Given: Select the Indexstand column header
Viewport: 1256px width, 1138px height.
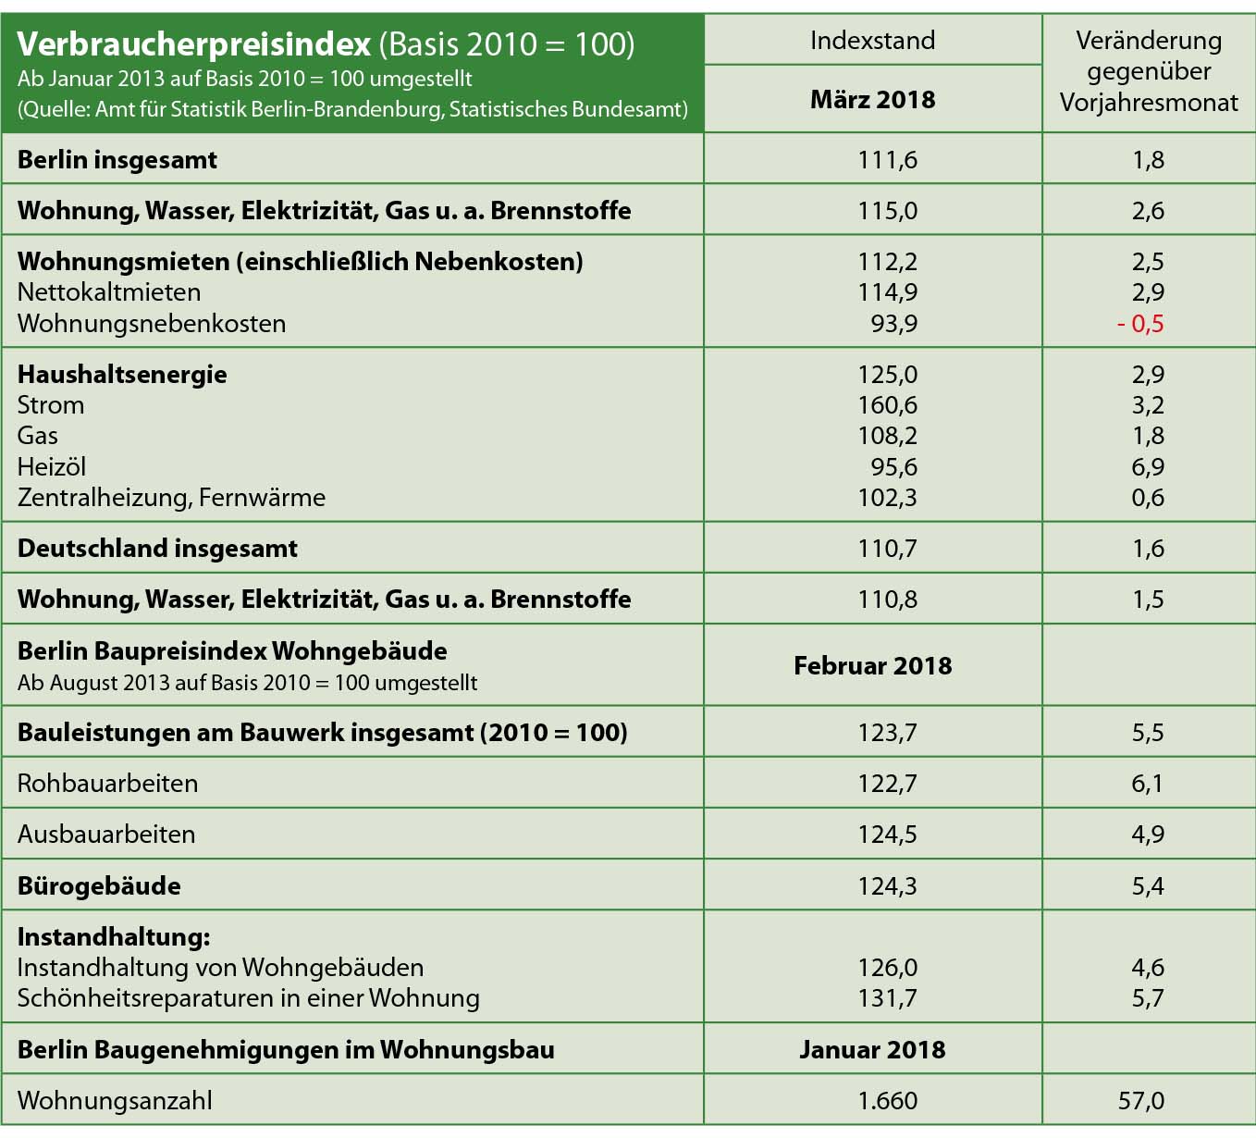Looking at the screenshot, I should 872,41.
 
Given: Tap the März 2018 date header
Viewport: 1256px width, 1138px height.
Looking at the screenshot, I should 872,100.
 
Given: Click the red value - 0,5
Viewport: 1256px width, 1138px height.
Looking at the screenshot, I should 1140,324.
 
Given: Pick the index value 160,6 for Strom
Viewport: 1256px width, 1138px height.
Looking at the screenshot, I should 887,405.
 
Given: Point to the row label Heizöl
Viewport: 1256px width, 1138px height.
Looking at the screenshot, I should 52,467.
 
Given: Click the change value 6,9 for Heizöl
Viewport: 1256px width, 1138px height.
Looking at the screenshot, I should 1148,467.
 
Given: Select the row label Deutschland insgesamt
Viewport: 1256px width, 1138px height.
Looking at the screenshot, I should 157,549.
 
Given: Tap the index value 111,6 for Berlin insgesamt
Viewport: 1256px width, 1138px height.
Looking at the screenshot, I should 887,160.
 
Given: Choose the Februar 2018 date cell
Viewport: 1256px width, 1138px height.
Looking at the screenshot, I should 872,666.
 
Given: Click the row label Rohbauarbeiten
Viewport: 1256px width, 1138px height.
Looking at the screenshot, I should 107,784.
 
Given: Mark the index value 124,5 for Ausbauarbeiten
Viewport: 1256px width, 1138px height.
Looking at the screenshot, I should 887,835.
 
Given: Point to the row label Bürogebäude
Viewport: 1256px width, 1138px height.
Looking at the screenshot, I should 99,886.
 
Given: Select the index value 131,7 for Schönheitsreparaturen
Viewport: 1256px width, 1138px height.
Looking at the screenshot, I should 887,998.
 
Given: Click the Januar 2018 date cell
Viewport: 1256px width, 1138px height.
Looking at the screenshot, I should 872,1050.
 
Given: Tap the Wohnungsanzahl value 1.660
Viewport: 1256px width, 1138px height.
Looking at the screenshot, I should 887,1101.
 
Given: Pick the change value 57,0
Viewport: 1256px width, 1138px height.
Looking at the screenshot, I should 1140,1101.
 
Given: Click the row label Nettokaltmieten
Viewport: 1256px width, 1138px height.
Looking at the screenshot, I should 109,292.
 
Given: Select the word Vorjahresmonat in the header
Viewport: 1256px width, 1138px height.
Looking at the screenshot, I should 1148,103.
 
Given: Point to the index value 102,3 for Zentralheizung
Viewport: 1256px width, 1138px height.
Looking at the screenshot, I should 887,498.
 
